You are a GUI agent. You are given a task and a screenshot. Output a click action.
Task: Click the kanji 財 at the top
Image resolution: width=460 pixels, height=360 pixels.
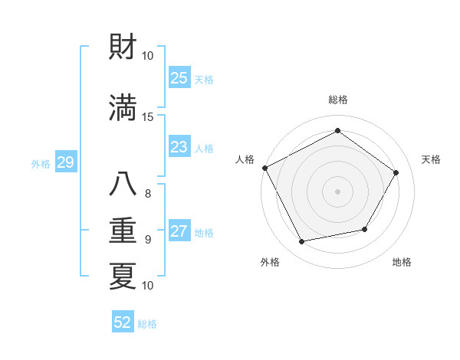pyautogui.click(x=123, y=50)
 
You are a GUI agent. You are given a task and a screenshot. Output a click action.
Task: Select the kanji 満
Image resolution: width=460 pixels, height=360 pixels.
pyautogui.click(x=123, y=109)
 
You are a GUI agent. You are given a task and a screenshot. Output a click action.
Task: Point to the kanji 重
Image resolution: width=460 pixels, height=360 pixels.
pyautogui.click(x=123, y=231)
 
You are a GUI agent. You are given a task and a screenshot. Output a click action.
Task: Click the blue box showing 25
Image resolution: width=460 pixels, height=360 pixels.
pyautogui.click(x=179, y=77)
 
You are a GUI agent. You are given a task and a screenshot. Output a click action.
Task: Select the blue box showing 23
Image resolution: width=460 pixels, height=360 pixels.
pyautogui.click(x=179, y=147)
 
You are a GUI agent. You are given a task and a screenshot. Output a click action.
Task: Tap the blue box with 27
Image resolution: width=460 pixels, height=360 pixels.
pyautogui.click(x=179, y=231)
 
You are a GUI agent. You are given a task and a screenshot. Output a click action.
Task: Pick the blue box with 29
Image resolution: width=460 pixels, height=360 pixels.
pyautogui.click(x=65, y=162)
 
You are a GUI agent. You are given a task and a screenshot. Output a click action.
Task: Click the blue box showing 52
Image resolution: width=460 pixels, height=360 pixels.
pyautogui.click(x=123, y=322)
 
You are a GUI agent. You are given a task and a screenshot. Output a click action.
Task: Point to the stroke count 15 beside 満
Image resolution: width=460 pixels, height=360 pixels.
pyautogui.click(x=148, y=116)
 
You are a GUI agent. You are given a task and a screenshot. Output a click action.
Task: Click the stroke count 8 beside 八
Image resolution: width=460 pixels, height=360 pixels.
pyautogui.click(x=148, y=193)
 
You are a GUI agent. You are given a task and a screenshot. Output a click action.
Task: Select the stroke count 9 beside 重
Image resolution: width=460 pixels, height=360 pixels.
pyautogui.click(x=148, y=239)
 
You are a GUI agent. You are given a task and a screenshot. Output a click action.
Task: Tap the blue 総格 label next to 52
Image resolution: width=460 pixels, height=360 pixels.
pyautogui.click(x=147, y=324)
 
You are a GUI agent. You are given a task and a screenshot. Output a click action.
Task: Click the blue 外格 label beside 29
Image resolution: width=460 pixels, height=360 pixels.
pyautogui.click(x=41, y=163)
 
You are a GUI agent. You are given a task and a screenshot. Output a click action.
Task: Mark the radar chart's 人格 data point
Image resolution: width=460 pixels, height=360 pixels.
pyautogui.click(x=265, y=168)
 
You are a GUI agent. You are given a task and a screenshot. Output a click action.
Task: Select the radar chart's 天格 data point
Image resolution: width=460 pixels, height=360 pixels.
pyautogui.click(x=396, y=173)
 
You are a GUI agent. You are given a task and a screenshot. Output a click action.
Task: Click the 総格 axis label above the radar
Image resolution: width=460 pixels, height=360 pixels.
pyautogui.click(x=338, y=100)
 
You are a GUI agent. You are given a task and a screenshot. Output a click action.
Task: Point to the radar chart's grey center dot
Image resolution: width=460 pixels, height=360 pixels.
pyautogui.click(x=337, y=191)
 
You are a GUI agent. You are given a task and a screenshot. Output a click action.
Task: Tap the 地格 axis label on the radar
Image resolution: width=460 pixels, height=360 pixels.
pyautogui.click(x=402, y=262)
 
